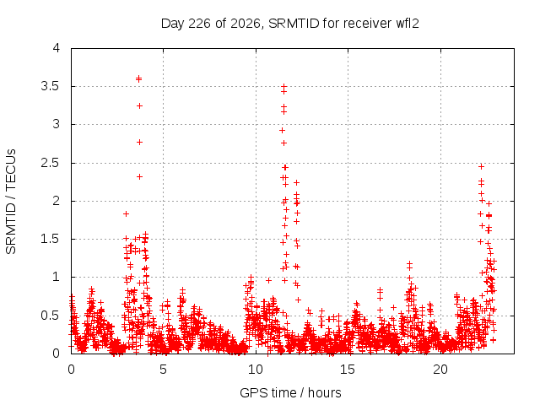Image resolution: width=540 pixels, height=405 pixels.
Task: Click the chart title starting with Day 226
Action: pyautogui.click(x=290, y=24)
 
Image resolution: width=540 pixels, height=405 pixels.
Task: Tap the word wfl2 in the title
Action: pyautogui.click(x=408, y=24)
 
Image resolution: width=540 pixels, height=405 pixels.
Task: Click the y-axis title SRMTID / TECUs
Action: pyautogui.click(x=11, y=202)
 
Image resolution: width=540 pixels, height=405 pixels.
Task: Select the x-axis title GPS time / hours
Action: pyautogui.click(x=290, y=392)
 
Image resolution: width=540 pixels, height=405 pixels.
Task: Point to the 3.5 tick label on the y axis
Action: pyautogui.click(x=51, y=86)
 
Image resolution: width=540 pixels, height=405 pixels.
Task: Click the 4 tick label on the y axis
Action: pyautogui.click(x=57, y=48)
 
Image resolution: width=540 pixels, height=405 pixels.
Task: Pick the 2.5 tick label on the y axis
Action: pyautogui.click(x=51, y=163)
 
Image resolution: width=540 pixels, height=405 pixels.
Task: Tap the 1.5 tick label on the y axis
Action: pyautogui.click(x=51, y=239)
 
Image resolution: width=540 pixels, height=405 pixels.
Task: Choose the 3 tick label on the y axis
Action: pyautogui.click(x=57, y=124)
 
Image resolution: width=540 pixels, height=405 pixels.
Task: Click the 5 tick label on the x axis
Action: pyautogui.click(x=163, y=370)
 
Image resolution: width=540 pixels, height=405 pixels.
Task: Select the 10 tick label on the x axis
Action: pyautogui.click(x=256, y=370)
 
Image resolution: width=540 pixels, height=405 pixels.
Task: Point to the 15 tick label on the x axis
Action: pyautogui.click(x=348, y=370)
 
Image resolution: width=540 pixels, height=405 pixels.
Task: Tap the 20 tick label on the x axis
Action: pyautogui.click(x=440, y=370)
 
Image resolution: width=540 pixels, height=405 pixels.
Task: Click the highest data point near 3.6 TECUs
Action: pyautogui.click(x=138, y=78)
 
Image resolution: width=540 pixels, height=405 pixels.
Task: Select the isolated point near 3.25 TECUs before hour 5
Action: pyautogui.click(x=139, y=105)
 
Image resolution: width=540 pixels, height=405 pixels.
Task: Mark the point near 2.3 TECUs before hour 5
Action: pyautogui.click(x=139, y=176)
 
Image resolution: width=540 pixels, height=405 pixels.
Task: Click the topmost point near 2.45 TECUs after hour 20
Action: pyautogui.click(x=482, y=167)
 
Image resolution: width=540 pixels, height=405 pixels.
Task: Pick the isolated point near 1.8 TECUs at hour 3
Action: pyautogui.click(x=126, y=213)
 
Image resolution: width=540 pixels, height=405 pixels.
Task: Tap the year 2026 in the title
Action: pyautogui.click(x=246, y=24)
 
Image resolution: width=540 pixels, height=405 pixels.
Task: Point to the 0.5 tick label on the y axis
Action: pyautogui.click(x=51, y=315)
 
